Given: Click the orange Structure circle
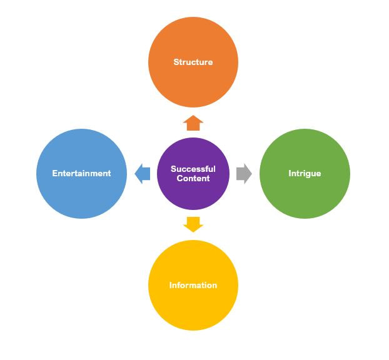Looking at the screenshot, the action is point(193,62).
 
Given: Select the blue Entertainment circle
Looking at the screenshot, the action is point(81,174).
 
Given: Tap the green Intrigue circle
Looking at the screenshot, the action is point(305,174).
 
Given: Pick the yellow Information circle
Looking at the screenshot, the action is point(193,285).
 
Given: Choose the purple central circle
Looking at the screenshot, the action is point(193,174).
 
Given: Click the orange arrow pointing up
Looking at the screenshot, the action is point(193,122).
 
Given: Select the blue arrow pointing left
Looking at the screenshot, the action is point(142,174).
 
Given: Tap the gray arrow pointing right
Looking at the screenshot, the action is point(244,174).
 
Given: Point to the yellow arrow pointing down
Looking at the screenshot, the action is point(193,224).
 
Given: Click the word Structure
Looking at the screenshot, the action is point(193,62).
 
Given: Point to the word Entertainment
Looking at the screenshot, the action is point(81,173).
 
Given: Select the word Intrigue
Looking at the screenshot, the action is point(305,174).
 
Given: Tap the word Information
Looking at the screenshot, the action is point(193,285).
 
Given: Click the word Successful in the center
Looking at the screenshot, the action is point(193,169).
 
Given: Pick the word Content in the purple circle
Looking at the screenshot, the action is point(193,178).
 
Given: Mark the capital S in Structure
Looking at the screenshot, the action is point(176,62).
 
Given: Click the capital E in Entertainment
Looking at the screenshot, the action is point(54,173).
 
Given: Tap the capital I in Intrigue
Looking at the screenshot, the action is point(290,173).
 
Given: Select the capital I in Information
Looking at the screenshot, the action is point(171,285).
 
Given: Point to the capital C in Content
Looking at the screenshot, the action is point(179,178).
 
